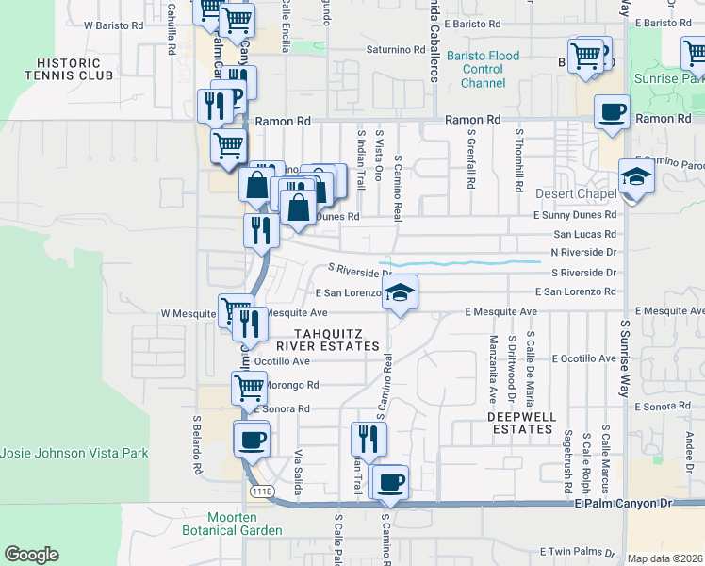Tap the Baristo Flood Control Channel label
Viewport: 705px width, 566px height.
point(483,70)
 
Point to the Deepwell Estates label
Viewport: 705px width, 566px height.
point(520,423)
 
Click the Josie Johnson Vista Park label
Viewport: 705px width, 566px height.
point(74,453)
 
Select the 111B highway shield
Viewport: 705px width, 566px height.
point(262,491)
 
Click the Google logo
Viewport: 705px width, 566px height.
point(31,555)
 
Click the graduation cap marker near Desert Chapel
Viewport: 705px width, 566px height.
point(636,176)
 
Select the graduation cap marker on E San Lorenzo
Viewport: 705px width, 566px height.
point(400,293)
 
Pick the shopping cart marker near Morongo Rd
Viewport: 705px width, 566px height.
point(250,386)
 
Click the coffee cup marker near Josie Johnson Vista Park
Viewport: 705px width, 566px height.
point(252,439)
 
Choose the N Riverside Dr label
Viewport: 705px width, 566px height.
point(582,253)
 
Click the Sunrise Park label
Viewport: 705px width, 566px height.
point(668,79)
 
